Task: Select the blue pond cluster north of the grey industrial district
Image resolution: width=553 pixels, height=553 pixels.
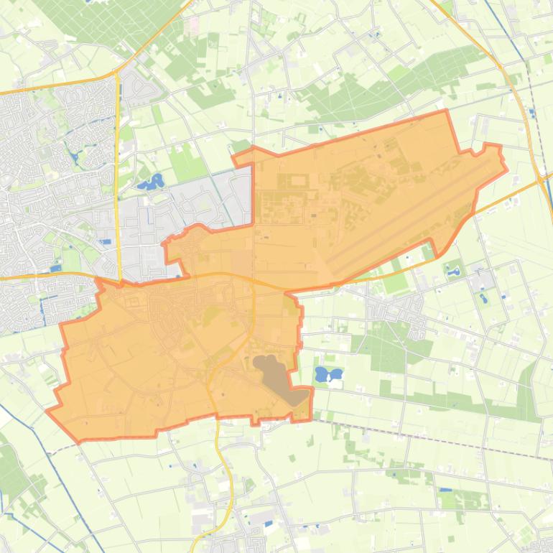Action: point(152,182)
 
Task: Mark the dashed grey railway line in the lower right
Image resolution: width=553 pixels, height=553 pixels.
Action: point(431,438)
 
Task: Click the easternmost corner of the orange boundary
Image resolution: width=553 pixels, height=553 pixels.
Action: point(506,170)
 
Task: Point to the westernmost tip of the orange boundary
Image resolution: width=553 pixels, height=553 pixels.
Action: point(47,412)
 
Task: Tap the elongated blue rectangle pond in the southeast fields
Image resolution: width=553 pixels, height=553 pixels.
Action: point(446,490)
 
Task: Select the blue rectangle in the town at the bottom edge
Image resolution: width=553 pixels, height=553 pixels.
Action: point(269,524)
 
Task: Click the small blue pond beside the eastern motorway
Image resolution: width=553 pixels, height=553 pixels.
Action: point(531,112)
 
